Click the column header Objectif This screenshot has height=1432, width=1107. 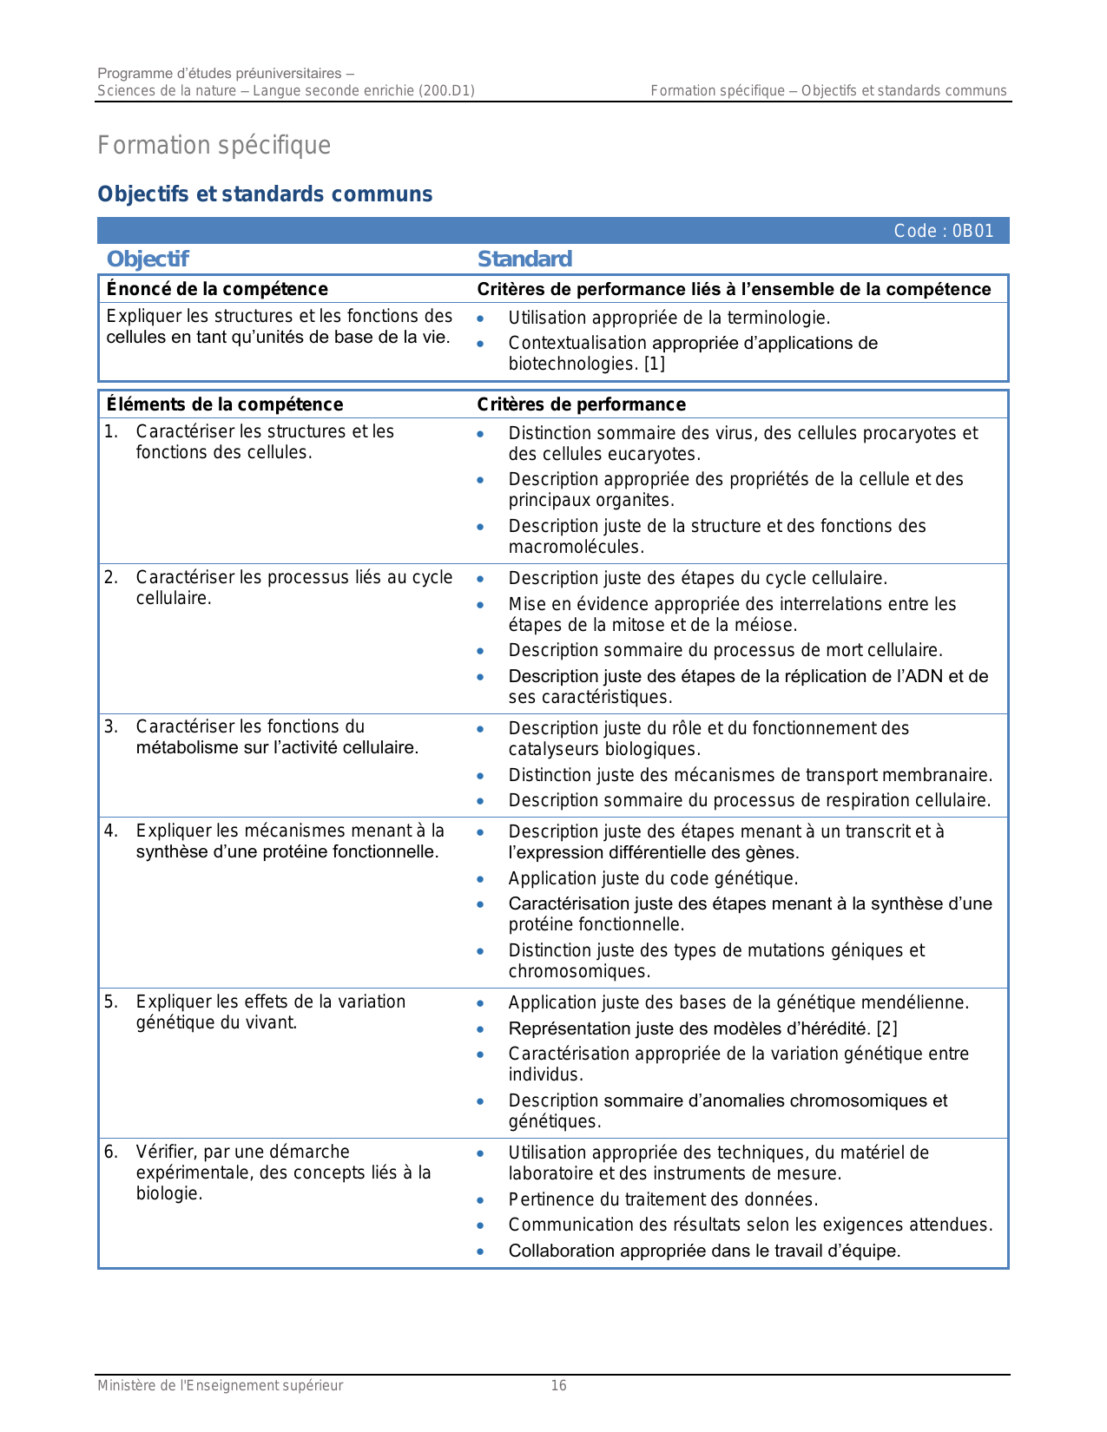(x=148, y=259)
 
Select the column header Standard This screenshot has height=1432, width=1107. (x=524, y=259)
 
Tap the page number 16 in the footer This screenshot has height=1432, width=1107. (x=558, y=1385)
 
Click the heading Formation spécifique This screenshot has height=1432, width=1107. (x=214, y=145)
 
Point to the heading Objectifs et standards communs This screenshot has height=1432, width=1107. (x=265, y=194)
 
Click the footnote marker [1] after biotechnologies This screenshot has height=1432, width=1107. (x=654, y=364)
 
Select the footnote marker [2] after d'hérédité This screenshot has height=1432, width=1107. (x=886, y=1028)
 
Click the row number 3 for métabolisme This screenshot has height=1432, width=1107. (x=110, y=726)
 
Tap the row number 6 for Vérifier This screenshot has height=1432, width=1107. (x=110, y=1152)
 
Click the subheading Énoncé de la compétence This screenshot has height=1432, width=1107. (x=217, y=289)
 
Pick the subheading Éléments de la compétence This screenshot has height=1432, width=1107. (x=225, y=404)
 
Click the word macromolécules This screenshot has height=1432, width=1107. (x=576, y=547)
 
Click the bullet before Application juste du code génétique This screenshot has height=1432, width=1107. (x=480, y=879)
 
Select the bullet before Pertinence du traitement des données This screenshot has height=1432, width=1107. (x=480, y=1200)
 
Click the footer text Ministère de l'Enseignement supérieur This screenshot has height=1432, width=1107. (x=220, y=1385)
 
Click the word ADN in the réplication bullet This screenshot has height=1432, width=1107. (x=927, y=676)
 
